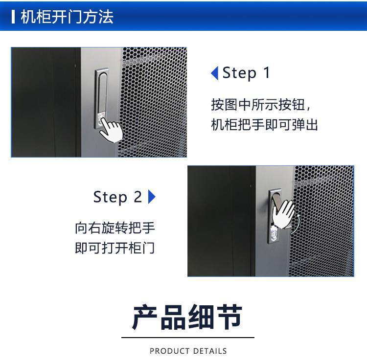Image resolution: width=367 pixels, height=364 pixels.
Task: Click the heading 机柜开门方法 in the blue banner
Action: tap(67, 17)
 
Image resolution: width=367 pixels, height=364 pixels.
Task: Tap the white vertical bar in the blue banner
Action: tap(13, 17)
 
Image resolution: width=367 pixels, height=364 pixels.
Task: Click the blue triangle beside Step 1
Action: tap(215, 73)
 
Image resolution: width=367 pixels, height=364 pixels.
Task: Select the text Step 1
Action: tap(246, 73)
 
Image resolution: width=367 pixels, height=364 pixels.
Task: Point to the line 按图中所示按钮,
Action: tap(261, 105)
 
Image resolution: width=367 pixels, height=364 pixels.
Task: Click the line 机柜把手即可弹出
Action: tap(264, 125)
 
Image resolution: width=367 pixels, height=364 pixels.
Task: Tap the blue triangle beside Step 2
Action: tap(152, 197)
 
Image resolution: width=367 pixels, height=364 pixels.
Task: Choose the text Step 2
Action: tap(117, 197)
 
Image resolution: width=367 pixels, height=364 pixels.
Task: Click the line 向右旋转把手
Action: tap(115, 228)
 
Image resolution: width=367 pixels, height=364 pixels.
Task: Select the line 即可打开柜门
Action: tap(115, 248)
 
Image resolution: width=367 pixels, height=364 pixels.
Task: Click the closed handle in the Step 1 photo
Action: tap(102, 98)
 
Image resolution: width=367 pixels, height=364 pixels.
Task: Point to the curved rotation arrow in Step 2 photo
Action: tap(296, 224)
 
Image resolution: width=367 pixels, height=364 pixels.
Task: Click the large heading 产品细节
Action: tap(187, 317)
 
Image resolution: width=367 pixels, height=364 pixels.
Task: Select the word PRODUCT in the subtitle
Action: tap(169, 351)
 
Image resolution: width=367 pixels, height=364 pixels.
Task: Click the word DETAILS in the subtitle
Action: tap(210, 351)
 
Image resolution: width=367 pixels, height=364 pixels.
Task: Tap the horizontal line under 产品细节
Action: tap(188, 338)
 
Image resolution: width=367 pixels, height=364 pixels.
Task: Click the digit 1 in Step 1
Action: tap(267, 72)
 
